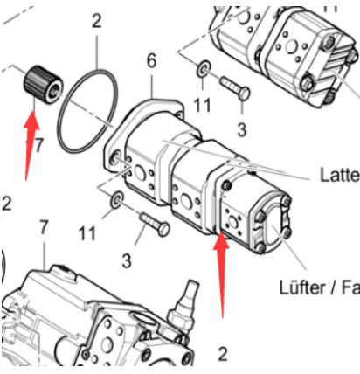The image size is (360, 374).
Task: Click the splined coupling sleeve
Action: (x=39, y=85)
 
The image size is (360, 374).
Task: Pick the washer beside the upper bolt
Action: (x=203, y=69)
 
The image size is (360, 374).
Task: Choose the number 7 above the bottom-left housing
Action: (x=45, y=228)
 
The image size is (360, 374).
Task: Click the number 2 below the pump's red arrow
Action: (x=222, y=353)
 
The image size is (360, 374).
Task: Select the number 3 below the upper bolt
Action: (x=242, y=128)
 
